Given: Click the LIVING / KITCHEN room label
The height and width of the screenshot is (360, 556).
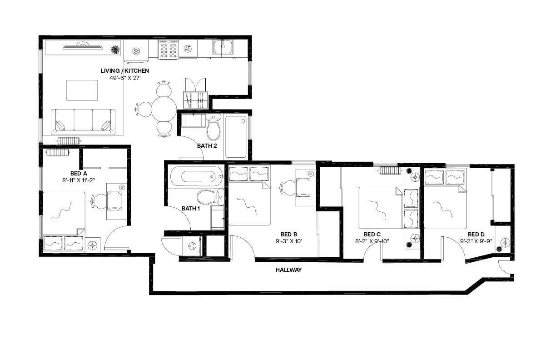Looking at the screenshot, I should coord(124,71).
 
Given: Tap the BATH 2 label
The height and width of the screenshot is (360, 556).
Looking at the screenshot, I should coord(206,146).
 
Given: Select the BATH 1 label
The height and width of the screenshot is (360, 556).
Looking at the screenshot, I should coord(191,209).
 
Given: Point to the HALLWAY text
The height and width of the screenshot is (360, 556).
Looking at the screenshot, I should coord(289,270).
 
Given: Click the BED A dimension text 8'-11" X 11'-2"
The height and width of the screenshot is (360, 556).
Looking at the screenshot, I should coord(79,180).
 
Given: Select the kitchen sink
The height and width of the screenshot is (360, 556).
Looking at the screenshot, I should coord(223,46).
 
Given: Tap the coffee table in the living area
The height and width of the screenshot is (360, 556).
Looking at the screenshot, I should coord(82,90).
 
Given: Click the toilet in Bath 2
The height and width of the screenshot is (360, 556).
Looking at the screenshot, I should coord(213,129).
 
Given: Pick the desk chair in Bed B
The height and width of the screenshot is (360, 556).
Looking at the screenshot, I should coord(288,187).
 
